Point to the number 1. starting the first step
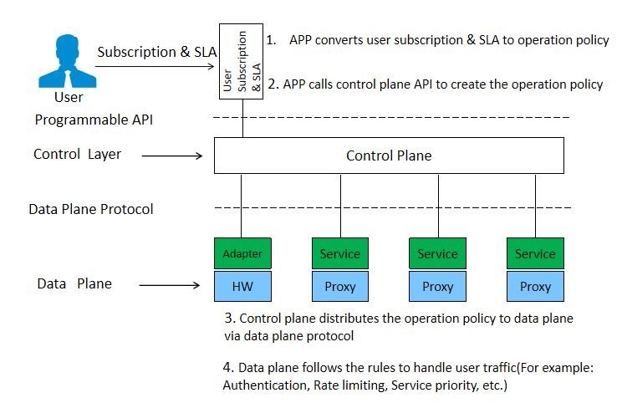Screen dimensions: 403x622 [x=271, y=40]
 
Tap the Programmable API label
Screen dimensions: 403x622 [x=94, y=120]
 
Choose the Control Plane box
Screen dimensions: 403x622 [x=389, y=156]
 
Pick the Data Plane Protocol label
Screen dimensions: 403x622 [x=91, y=209]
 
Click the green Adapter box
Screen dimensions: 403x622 [x=242, y=253]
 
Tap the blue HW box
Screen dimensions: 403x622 [x=242, y=286]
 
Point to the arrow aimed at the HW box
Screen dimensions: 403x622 [x=171, y=285]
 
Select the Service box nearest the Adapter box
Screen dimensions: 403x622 [x=340, y=253]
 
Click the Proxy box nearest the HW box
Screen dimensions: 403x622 [x=340, y=286]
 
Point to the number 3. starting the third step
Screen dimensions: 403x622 [x=230, y=319]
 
